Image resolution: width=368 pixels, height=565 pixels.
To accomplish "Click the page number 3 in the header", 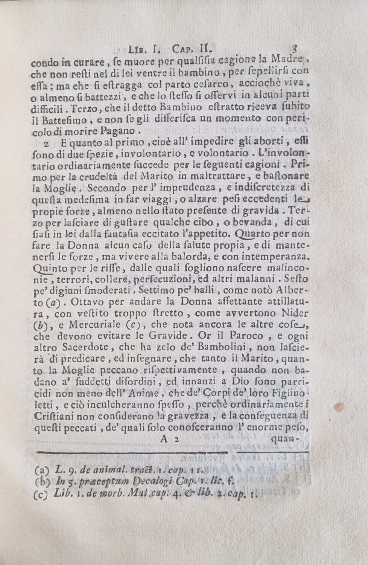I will click(x=295, y=49).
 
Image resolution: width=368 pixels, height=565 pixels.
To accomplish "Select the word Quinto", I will click(x=47, y=269).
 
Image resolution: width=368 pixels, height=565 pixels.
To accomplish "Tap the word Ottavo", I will click(x=88, y=302).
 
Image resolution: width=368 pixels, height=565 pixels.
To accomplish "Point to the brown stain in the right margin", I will click(x=338, y=407).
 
